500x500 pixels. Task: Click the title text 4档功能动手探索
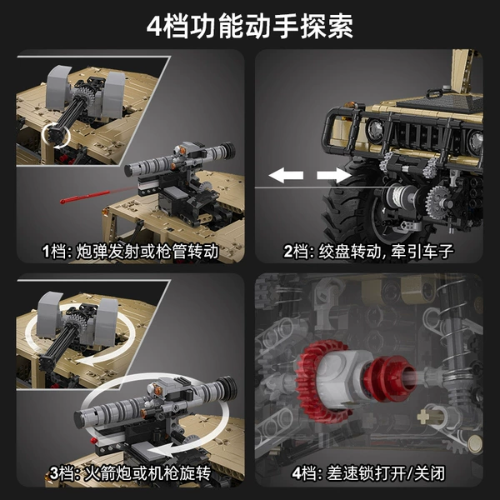click(x=250, y=27)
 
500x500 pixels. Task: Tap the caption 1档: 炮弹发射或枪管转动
click(x=131, y=252)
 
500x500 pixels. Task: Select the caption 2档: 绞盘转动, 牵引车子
click(x=368, y=252)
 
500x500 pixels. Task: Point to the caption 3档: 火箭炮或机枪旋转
click(x=131, y=473)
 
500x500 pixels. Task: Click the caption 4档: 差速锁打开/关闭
click(x=368, y=473)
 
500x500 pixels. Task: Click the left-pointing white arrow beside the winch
click(x=286, y=175)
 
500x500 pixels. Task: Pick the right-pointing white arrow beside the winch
click(x=333, y=175)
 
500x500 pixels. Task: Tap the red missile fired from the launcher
click(x=84, y=197)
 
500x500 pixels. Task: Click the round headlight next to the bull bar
click(x=375, y=130)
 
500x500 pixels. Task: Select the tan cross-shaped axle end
click(x=423, y=417)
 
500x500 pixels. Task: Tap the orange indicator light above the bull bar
click(x=352, y=104)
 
